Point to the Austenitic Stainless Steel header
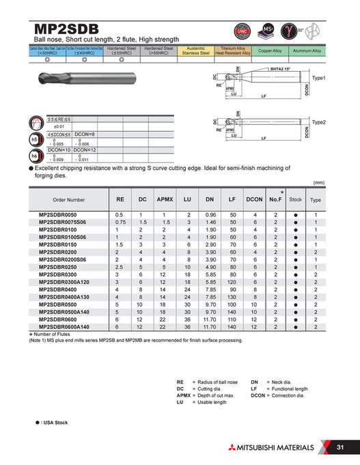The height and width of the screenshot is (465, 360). pos(195,51)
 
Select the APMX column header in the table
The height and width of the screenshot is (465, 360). pos(165,200)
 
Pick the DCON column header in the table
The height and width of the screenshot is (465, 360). pos(254,200)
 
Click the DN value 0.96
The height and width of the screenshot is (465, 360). pos(210,215)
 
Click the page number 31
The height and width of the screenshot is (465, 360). pos(340,448)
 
